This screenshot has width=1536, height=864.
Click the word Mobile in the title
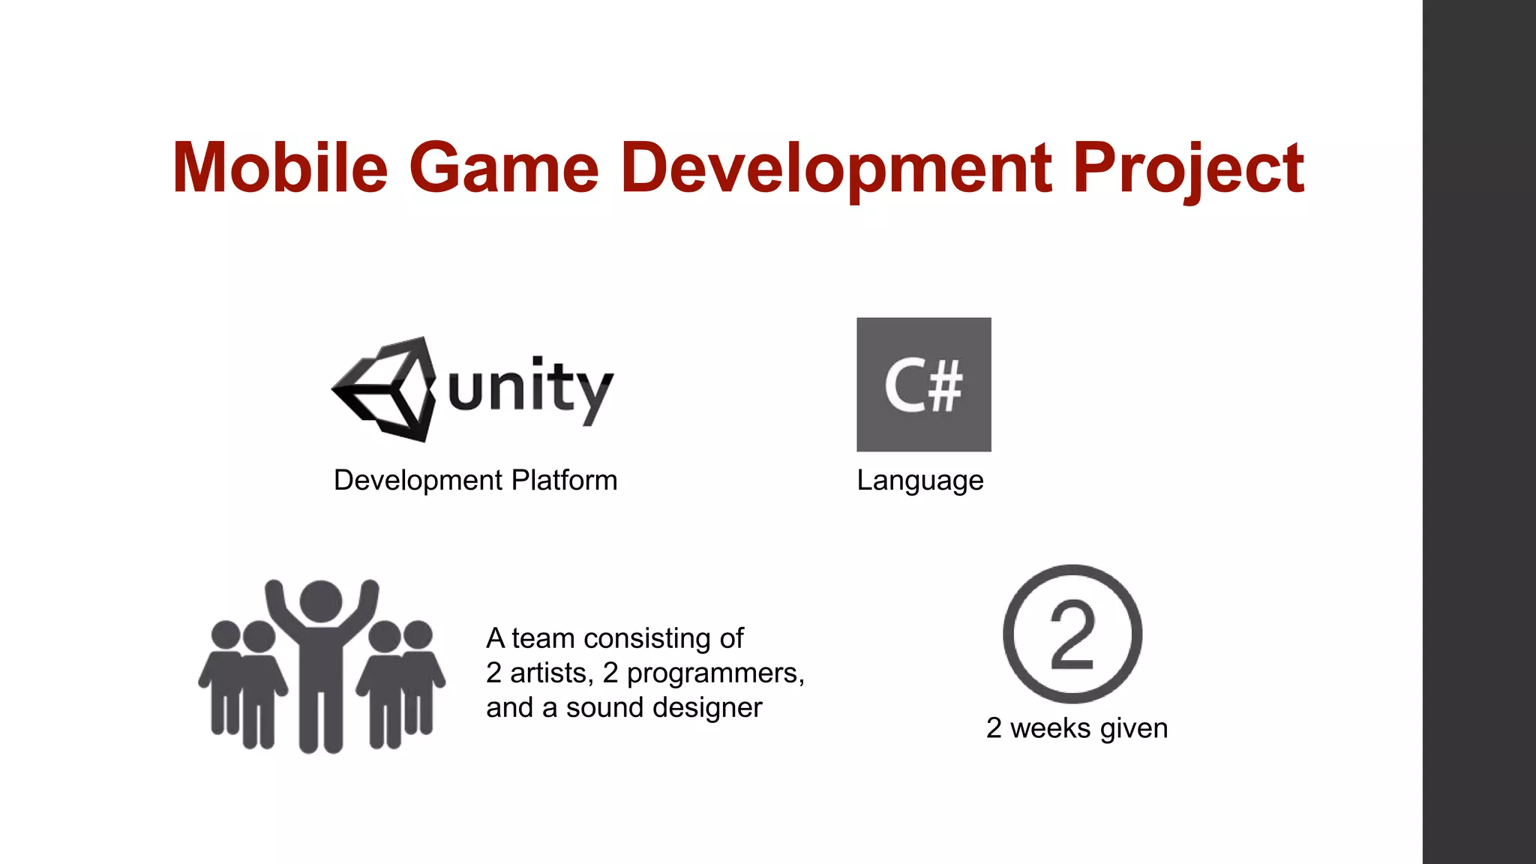280,168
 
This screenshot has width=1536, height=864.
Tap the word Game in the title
503,168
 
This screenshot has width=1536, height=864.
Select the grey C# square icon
923,384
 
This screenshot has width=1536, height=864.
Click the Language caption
919,480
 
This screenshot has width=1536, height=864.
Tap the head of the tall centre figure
321,601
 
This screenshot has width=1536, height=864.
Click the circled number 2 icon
1072,634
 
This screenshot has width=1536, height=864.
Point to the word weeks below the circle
1051,728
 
